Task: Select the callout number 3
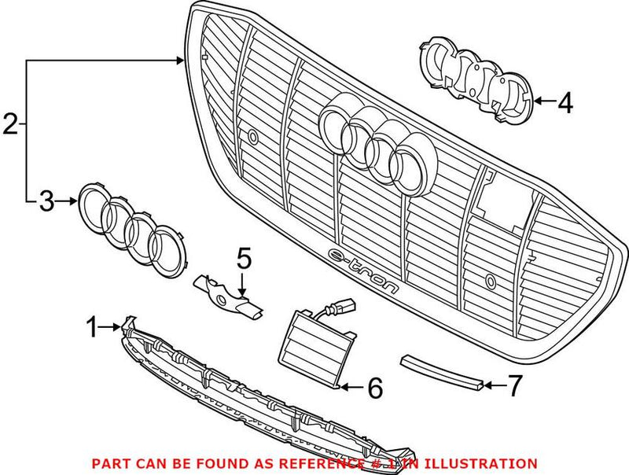point(46,202)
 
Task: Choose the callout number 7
point(513,385)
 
